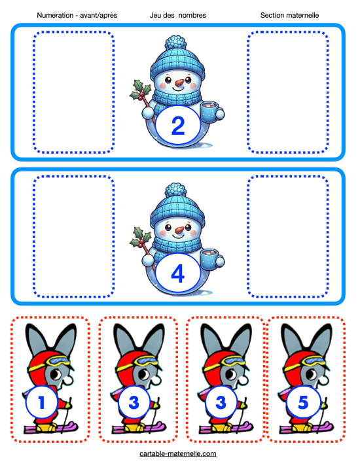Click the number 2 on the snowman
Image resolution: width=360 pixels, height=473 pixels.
pos(178,126)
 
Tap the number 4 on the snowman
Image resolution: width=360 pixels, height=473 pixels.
pos(178,273)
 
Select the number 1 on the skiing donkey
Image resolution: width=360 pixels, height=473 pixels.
pos(41,402)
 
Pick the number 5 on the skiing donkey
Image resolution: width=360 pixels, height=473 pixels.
pos(303,402)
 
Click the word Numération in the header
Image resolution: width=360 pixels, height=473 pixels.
pos(55,16)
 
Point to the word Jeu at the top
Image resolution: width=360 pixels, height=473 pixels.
pos(155,16)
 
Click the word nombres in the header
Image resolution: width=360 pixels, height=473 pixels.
pos(192,16)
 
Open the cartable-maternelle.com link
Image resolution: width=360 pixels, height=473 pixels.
pos(178,453)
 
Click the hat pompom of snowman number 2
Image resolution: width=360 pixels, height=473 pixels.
pos(175,43)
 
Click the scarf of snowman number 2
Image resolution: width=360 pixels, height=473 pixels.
pos(177,97)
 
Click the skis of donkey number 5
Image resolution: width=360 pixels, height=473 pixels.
pos(306,428)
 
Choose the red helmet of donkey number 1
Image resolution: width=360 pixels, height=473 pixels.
pos(42,370)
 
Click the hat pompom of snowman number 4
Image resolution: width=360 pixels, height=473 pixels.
pos(175,190)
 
